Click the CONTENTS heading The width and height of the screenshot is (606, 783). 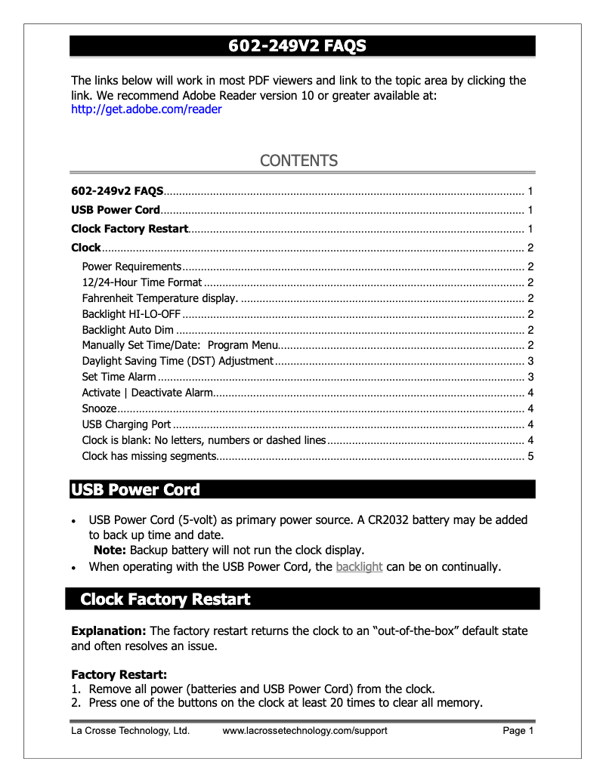point(298,161)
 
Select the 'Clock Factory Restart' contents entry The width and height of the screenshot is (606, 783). point(129,229)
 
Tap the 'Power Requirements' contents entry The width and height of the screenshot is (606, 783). point(131,267)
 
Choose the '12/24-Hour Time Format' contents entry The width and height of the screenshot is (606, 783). point(142,282)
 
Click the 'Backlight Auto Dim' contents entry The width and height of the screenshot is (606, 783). point(128,330)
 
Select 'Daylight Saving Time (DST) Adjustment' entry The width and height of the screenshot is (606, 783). point(178,361)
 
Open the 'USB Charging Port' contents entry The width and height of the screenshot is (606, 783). point(126,424)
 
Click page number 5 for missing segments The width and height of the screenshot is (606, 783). point(530,456)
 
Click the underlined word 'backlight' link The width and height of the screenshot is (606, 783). point(359,566)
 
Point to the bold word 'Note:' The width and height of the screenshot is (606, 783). point(110,550)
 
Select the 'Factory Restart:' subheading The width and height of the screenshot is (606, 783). point(119,674)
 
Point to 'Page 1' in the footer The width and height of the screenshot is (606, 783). point(518,731)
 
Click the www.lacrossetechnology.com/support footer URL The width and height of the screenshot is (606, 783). point(305,731)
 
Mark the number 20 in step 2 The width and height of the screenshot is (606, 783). point(326,703)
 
